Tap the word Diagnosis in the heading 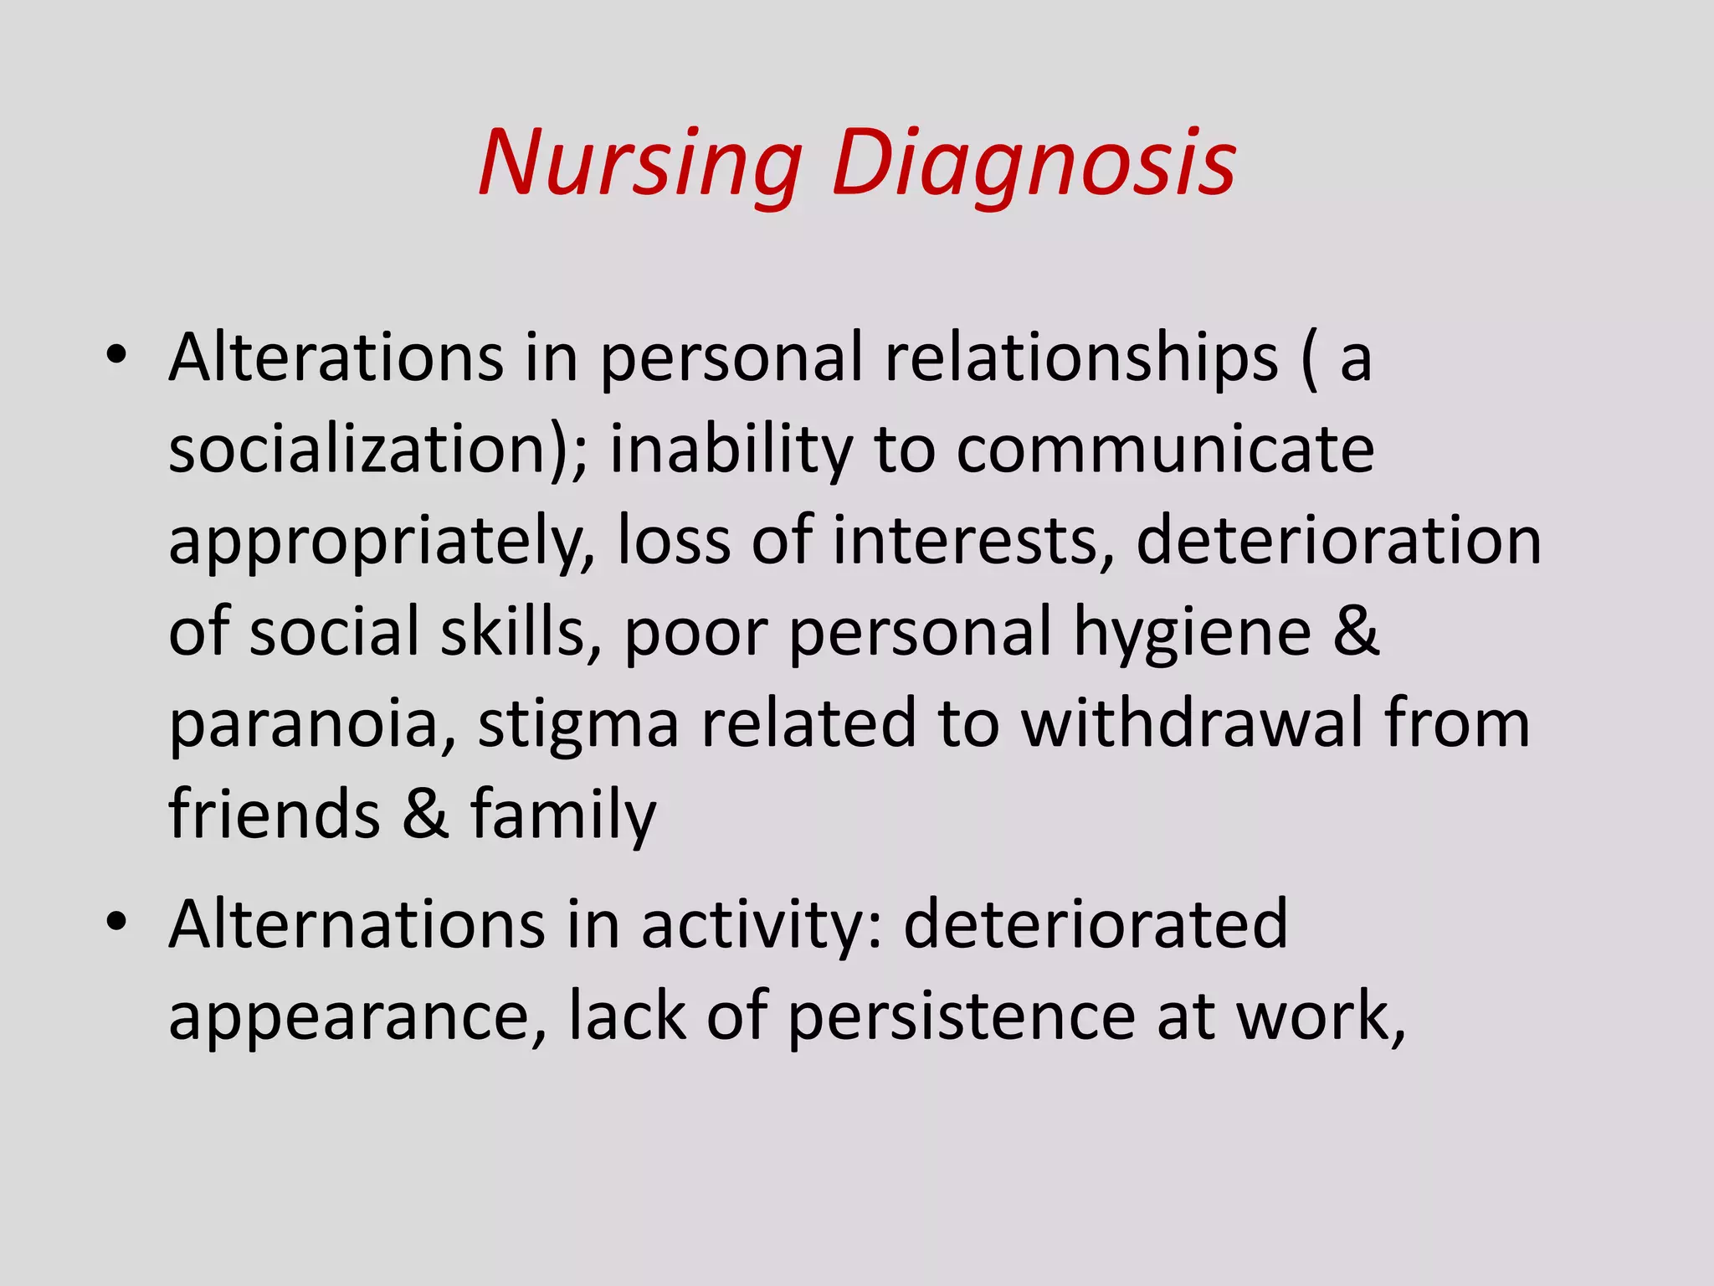point(1034,163)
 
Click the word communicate point(1165,450)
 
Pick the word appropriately point(381,542)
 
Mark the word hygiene point(1193,633)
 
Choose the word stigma point(578,724)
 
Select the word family point(563,815)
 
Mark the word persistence point(962,1016)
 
